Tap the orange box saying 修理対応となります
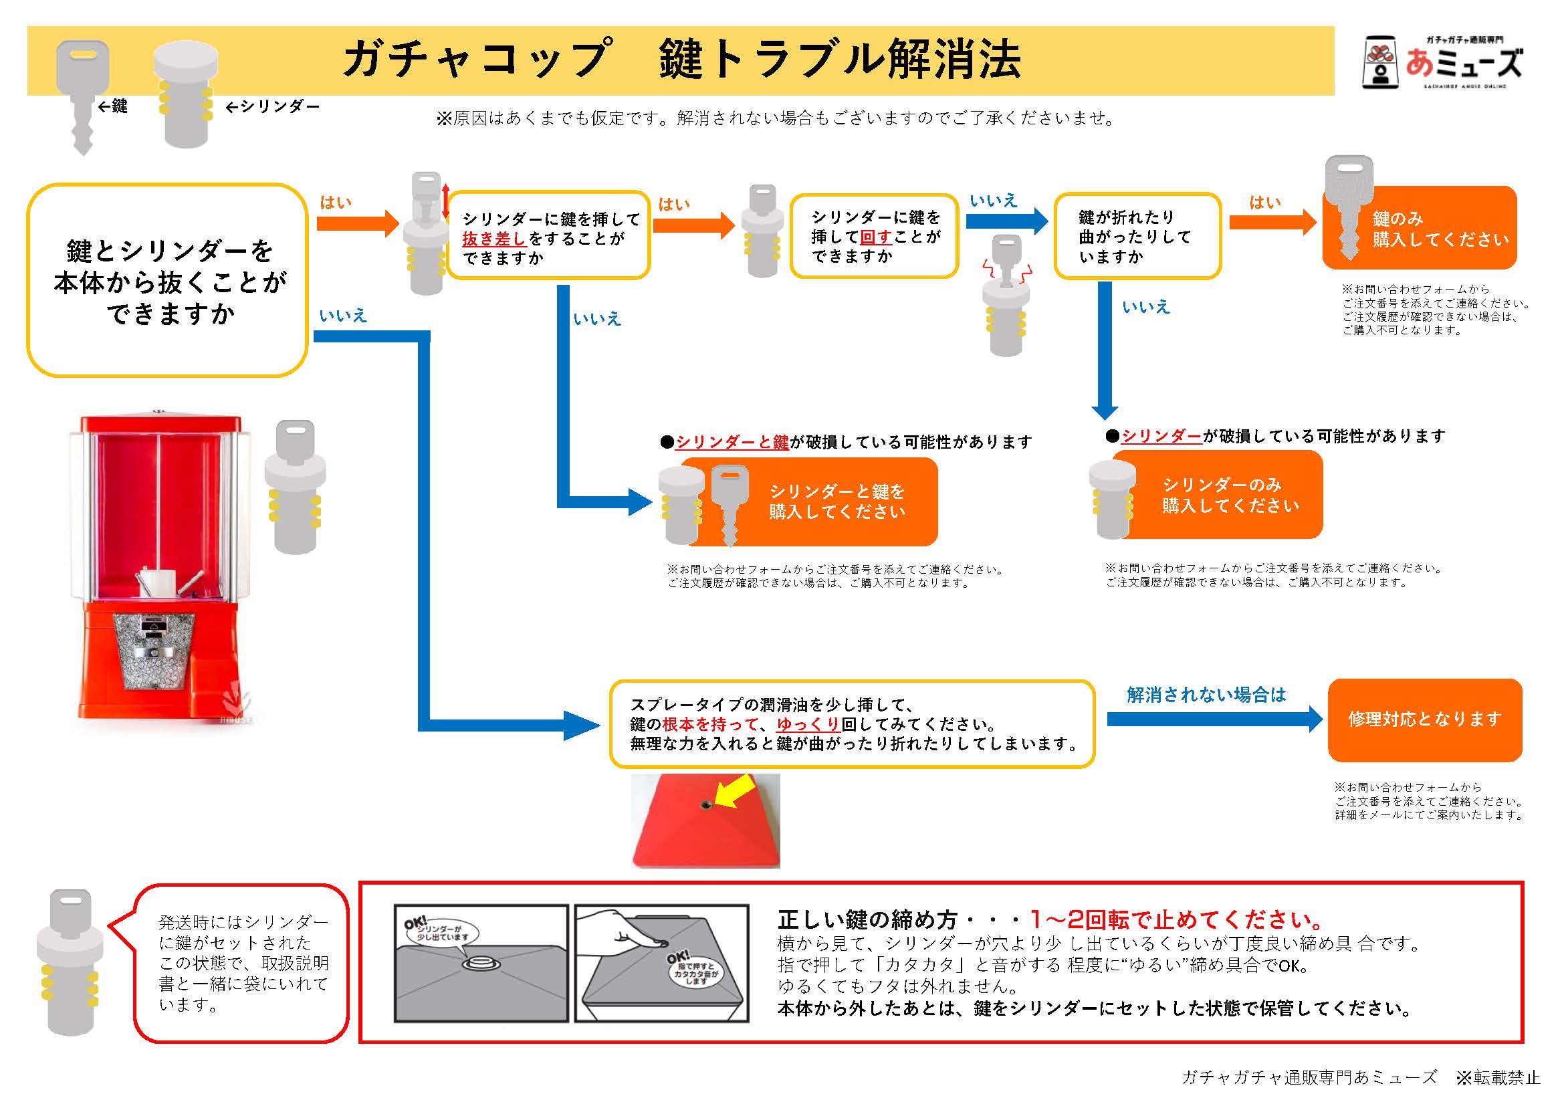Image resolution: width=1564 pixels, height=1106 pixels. [1424, 720]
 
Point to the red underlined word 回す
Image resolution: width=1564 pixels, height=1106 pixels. [875, 236]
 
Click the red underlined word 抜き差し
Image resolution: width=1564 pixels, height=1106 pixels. [493, 239]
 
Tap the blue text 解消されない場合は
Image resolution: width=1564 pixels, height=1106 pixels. [1205, 695]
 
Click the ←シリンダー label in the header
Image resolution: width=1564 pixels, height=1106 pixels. [271, 106]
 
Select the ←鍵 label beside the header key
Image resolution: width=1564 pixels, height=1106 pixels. [113, 106]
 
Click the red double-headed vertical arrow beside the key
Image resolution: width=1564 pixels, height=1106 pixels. [445, 201]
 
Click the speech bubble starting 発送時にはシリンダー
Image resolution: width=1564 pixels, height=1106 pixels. [242, 962]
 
